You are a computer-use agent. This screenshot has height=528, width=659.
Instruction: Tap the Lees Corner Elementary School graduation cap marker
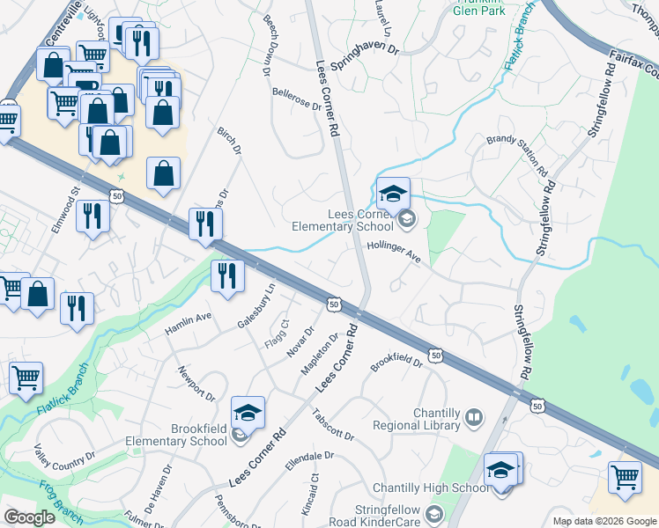[x=393, y=193]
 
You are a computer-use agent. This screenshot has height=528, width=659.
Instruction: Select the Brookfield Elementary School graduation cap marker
[x=248, y=412]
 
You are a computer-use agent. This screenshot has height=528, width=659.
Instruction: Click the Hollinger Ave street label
[x=394, y=252]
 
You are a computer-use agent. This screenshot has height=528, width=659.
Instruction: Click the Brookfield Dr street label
[x=396, y=362]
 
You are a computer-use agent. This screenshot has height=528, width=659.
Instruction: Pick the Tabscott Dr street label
[x=332, y=425]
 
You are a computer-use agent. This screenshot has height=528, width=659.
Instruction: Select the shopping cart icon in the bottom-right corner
[x=625, y=477]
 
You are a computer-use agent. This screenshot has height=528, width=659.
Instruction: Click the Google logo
[x=30, y=517]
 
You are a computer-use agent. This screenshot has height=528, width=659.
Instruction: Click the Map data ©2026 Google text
[x=603, y=521]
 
